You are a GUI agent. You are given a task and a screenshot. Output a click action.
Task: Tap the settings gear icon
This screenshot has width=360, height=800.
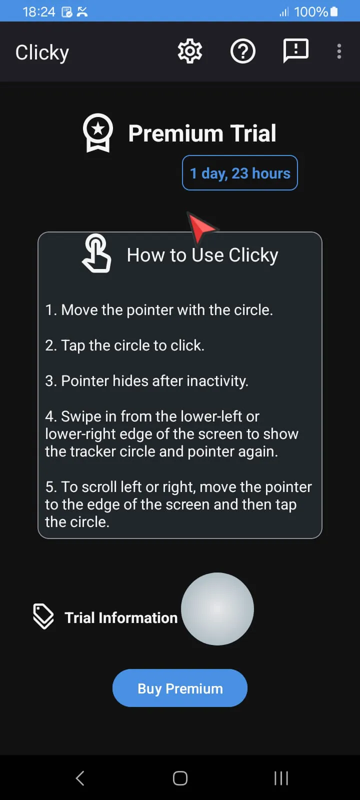click(x=190, y=51)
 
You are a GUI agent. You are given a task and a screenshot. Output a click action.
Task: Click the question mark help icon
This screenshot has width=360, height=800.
click(x=243, y=51)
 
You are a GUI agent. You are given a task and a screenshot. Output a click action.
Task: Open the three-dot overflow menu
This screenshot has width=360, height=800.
click(x=339, y=51)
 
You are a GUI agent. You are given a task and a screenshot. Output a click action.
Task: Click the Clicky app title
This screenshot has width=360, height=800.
click(x=42, y=52)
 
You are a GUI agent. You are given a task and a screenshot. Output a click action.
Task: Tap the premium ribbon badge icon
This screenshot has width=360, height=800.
click(x=98, y=133)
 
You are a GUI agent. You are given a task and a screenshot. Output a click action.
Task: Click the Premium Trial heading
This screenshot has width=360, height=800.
click(x=202, y=133)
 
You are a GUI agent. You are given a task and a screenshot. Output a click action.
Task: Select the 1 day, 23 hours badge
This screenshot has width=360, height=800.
click(x=240, y=173)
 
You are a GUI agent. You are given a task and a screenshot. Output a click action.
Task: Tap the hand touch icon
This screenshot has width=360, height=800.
click(x=96, y=254)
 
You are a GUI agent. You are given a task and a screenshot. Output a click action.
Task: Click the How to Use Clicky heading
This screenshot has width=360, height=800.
click(x=202, y=255)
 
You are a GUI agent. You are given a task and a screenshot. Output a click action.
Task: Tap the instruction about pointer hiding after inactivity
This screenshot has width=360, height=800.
click(x=146, y=381)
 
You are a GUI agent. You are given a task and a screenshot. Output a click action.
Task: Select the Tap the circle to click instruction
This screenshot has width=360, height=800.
click(x=124, y=345)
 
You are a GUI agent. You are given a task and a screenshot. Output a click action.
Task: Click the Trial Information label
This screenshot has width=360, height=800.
click(x=121, y=618)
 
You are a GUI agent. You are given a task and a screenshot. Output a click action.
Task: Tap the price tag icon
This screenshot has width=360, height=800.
click(x=43, y=616)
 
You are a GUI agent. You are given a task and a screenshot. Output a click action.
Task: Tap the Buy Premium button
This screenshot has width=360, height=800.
click(x=180, y=688)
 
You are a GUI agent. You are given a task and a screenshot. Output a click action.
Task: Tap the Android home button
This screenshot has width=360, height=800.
click(x=180, y=778)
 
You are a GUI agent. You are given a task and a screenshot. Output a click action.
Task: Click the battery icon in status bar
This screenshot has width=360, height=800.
click(x=334, y=11)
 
